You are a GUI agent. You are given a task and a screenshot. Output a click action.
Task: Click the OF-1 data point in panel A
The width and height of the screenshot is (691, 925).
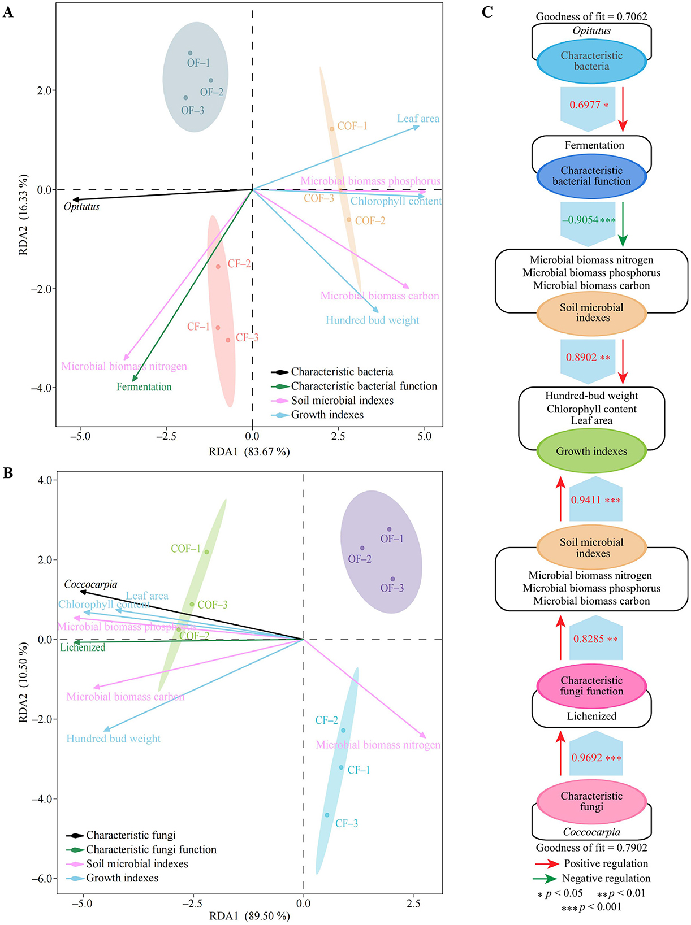[x=190, y=53]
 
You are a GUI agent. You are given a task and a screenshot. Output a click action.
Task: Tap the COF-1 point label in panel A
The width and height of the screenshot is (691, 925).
[x=352, y=126]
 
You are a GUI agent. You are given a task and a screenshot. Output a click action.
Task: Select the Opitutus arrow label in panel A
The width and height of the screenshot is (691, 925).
[x=81, y=207]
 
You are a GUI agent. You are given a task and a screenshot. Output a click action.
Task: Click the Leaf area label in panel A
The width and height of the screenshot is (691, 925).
[x=418, y=119]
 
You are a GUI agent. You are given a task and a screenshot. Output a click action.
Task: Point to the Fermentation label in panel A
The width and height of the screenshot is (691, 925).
[x=144, y=387]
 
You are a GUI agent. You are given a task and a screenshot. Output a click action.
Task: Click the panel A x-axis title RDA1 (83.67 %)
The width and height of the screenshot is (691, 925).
[x=249, y=451]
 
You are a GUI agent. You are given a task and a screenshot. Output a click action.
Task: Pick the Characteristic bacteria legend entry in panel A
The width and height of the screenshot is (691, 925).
[x=342, y=372]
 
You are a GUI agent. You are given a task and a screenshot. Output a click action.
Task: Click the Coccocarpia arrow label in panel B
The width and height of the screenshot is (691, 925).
[x=90, y=584]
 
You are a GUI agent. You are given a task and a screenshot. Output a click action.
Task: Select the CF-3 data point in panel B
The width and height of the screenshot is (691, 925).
[x=327, y=815]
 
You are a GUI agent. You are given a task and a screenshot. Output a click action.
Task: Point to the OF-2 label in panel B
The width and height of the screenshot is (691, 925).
[x=360, y=559]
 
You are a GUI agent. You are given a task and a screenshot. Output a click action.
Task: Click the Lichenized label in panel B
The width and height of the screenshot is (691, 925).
[x=83, y=648]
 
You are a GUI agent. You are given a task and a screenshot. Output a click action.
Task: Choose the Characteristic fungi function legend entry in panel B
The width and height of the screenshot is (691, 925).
[x=151, y=849]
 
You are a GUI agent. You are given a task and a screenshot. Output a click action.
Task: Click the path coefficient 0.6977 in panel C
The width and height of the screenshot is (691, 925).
[x=585, y=105]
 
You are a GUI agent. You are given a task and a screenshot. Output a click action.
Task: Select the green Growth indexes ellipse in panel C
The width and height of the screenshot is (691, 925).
[x=591, y=451]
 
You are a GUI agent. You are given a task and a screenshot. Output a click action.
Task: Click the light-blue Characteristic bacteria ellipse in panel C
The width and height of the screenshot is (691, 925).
[x=591, y=61]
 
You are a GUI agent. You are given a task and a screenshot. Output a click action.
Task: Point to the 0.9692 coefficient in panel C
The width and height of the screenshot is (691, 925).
[x=587, y=758]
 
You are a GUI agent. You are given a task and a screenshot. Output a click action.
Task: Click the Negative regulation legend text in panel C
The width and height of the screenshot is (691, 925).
[x=606, y=878]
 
